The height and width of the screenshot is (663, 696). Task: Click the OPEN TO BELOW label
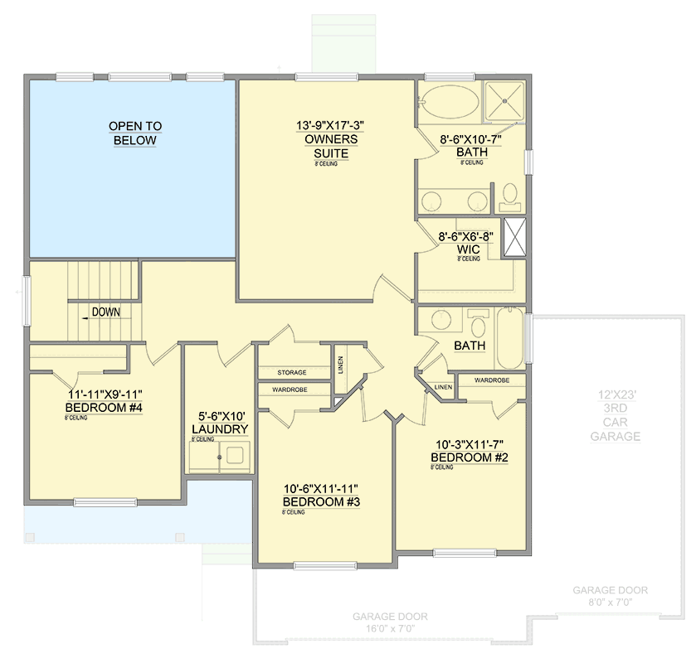click(x=134, y=133)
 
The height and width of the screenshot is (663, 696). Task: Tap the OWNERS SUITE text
click(x=330, y=147)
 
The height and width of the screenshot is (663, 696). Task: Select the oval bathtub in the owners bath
click(x=450, y=105)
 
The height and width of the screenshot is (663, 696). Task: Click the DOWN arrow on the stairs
click(x=100, y=312)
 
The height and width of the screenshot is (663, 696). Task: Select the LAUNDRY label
click(x=219, y=429)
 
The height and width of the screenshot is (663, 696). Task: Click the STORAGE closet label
click(x=292, y=373)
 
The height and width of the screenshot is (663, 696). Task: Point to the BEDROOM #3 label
click(x=324, y=502)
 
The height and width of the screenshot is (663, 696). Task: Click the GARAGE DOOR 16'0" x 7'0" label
click(x=390, y=622)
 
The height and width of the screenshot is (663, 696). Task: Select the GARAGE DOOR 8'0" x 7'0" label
click(x=610, y=597)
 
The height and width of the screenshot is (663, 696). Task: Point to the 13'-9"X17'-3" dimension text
click(x=330, y=125)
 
